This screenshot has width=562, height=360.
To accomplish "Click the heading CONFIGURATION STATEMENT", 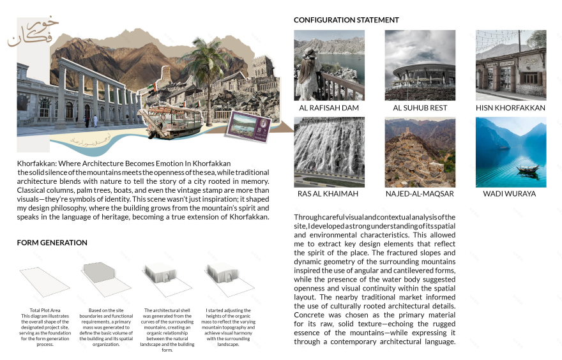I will click(x=346, y=20).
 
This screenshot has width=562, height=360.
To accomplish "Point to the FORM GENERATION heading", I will click(x=52, y=243).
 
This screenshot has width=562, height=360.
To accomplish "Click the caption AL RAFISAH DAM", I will click(x=329, y=109).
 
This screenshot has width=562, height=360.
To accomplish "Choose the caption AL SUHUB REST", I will click(x=420, y=109).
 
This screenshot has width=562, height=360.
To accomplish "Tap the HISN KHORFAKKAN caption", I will click(x=510, y=109).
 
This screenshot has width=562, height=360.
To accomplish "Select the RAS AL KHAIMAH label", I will click(x=328, y=193).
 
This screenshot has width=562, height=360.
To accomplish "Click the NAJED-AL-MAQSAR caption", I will click(x=420, y=193).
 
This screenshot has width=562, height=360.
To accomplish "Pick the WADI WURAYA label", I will click(x=510, y=193).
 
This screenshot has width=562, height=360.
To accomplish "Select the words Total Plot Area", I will click(x=44, y=310).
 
